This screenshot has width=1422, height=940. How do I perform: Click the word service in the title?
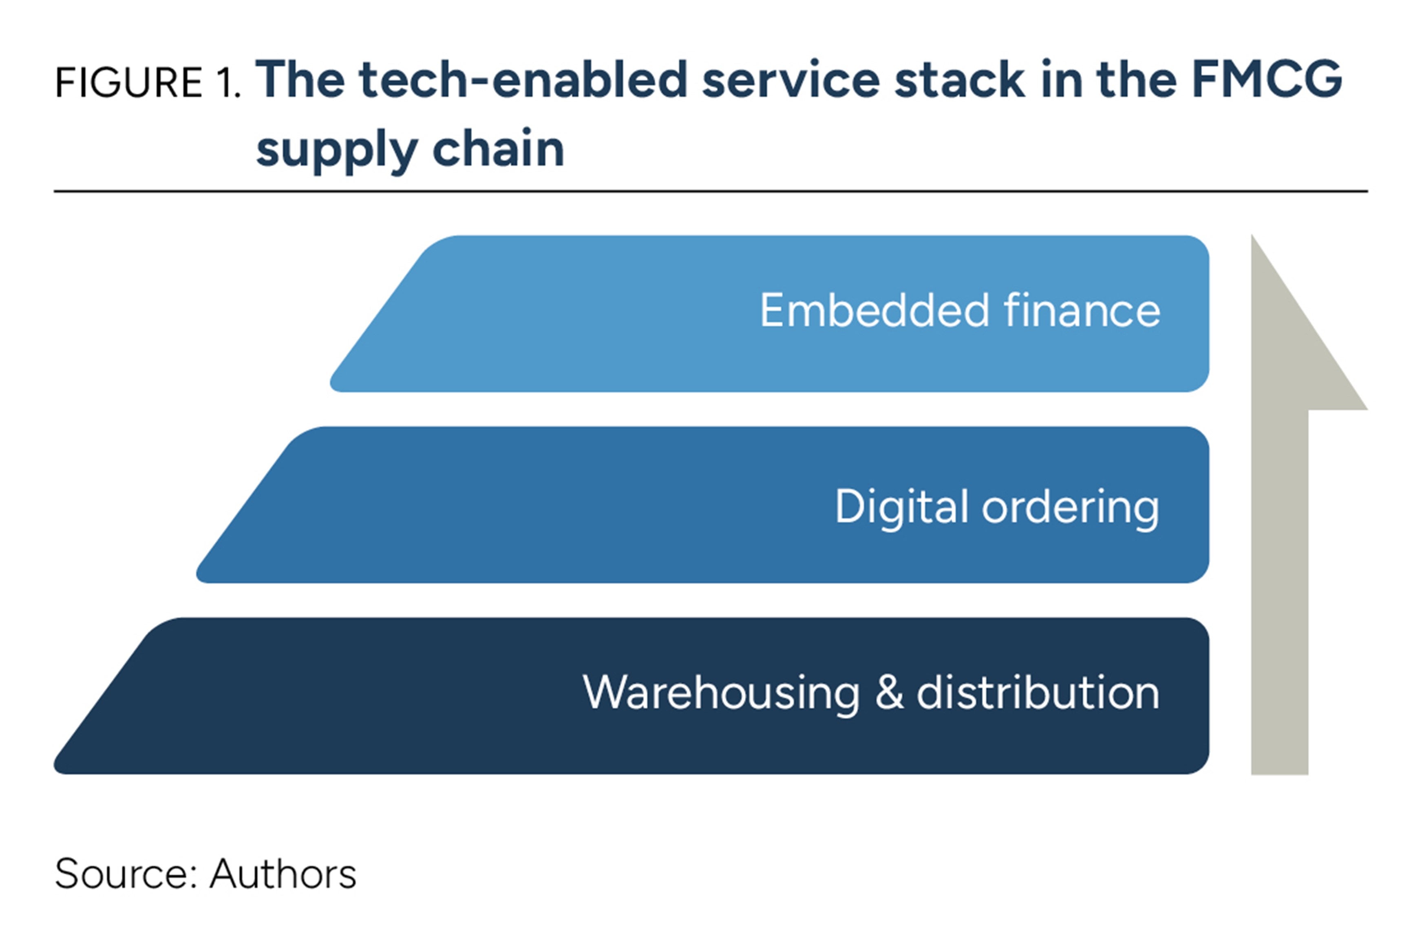790,80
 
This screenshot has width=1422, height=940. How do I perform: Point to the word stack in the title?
959,80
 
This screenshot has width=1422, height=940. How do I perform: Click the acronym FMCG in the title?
1266,80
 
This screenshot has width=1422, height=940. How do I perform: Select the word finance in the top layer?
1082,311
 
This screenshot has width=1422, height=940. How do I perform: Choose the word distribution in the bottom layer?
1038,693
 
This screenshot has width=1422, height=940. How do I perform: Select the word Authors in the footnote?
283,874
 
